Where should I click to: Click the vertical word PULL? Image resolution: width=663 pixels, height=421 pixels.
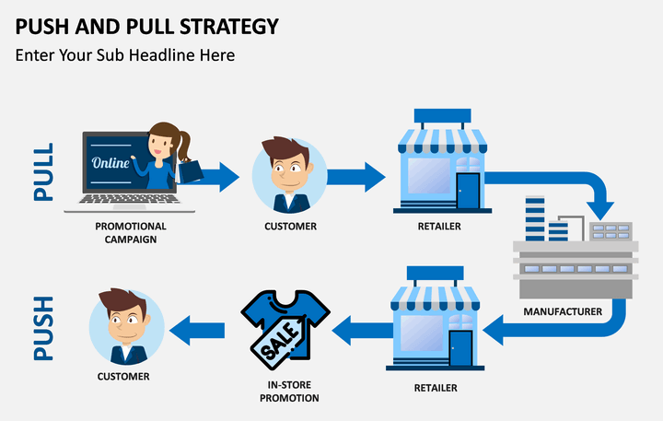click(x=43, y=172)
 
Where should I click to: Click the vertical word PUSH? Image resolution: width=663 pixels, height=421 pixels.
click(x=43, y=327)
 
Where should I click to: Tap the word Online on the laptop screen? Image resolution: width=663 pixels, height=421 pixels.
click(x=110, y=163)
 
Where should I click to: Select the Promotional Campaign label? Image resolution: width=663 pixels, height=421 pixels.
click(x=130, y=232)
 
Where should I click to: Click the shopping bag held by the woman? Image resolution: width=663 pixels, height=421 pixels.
click(x=190, y=171)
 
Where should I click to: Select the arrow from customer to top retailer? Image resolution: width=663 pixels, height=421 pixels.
click(x=355, y=177)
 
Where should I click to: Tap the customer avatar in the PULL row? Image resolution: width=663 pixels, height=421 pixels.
click(x=289, y=176)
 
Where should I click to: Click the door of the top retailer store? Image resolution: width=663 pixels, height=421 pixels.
click(x=468, y=191)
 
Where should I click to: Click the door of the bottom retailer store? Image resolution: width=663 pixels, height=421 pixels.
click(x=460, y=348)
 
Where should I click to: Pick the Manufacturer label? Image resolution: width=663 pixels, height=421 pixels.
click(x=563, y=311)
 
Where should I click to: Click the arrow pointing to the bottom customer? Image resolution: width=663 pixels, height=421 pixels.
click(x=198, y=328)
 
